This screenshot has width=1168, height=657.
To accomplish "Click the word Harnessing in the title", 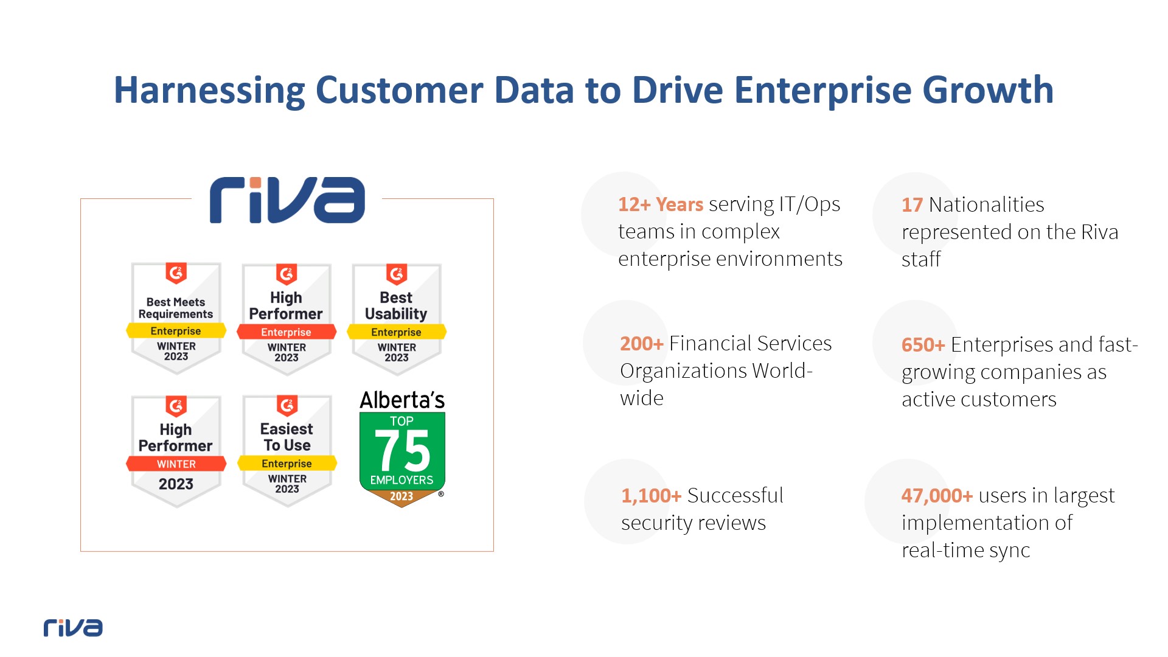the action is (x=209, y=91).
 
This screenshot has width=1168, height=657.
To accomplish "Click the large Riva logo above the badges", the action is (x=287, y=200).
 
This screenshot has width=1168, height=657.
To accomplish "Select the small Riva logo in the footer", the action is (x=73, y=628).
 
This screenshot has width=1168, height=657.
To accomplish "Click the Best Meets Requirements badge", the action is (x=176, y=318).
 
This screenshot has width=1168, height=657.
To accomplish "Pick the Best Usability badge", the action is (x=396, y=319).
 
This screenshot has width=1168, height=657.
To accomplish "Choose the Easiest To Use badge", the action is (x=287, y=451).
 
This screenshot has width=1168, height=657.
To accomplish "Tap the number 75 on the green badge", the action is (x=402, y=451).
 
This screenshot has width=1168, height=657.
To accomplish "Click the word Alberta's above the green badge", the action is (x=402, y=400).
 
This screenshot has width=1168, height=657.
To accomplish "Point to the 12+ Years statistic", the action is (x=661, y=204).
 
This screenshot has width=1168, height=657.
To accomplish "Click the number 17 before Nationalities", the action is (x=912, y=205).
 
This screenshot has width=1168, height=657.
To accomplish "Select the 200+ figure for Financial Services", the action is (x=641, y=344).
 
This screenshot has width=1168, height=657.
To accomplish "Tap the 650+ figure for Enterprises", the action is (x=923, y=345).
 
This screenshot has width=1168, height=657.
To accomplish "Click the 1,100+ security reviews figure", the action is (x=651, y=496).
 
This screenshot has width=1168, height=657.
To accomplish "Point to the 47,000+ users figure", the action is (x=937, y=496).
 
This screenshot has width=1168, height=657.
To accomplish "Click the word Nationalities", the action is (x=986, y=205).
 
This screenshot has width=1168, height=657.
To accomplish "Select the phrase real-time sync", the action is (x=965, y=551).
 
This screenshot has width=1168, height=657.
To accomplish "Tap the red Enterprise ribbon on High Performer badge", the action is (x=286, y=332).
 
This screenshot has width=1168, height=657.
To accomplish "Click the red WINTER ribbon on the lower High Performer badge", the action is (x=176, y=464).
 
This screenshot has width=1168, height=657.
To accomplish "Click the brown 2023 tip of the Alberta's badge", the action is (x=401, y=497).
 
